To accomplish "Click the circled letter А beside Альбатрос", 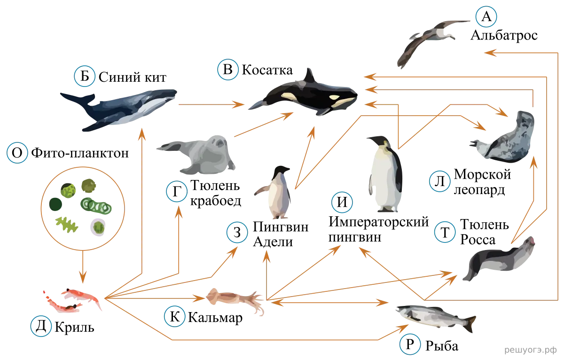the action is click(486, 16).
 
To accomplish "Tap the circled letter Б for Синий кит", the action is click(85, 76).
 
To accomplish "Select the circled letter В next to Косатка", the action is click(228, 70).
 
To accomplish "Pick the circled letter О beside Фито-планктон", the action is click(17, 153).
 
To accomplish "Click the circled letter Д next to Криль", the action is click(41, 326).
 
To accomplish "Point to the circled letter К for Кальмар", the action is click(175, 316).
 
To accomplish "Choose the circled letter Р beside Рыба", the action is click(410, 344).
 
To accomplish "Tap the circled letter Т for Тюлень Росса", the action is click(445, 232).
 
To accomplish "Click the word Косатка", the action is click(267, 70).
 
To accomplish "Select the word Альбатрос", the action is click(504, 36).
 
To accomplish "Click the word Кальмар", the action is click(215, 317).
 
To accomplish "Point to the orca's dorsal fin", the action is click(309, 76).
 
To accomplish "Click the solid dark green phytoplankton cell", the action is click(55, 204).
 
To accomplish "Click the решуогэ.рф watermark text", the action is click(530, 350).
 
